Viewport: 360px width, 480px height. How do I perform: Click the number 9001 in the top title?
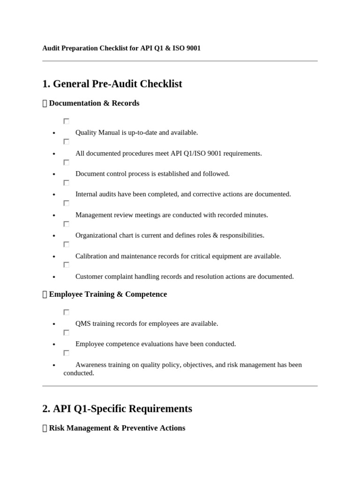click(193, 48)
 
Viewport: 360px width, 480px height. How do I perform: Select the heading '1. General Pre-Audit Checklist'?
click(112, 84)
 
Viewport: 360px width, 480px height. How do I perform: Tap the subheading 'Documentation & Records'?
click(94, 103)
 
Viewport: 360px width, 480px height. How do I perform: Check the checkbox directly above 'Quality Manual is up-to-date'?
click(66, 121)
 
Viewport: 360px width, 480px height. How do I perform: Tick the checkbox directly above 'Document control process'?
click(66, 162)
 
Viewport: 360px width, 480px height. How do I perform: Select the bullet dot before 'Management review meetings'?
click(54, 216)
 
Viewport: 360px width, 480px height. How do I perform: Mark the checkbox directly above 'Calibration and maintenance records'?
click(66, 244)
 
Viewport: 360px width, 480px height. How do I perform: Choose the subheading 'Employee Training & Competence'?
click(107, 294)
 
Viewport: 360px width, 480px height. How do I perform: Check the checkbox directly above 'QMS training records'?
click(66, 312)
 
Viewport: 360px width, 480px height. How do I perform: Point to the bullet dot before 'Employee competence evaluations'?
click(54, 345)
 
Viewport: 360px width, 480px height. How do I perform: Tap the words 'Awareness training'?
click(103, 365)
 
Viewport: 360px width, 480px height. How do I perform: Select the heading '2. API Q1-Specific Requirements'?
click(117, 409)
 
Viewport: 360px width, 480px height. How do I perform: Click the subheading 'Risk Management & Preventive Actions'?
click(117, 428)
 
